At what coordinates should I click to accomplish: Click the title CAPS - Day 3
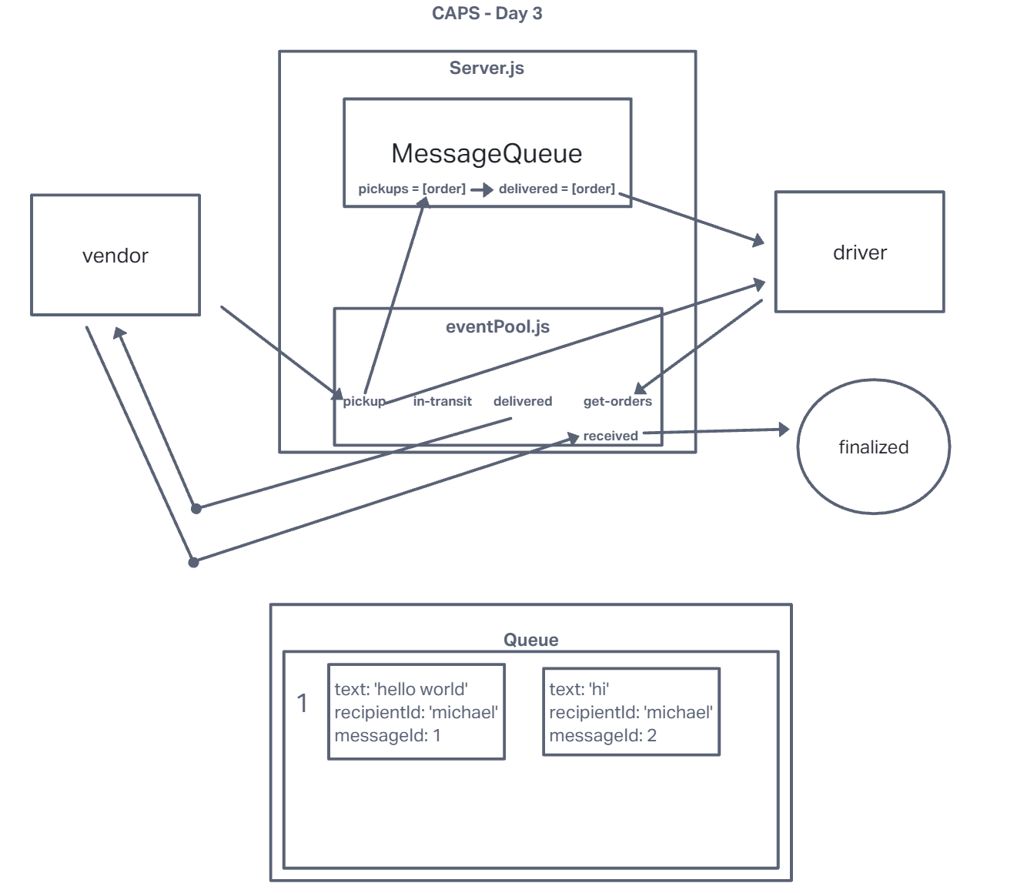pyautogui.click(x=487, y=13)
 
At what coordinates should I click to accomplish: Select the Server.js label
pyautogui.click(x=487, y=68)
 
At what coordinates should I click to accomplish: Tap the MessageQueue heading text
pyautogui.click(x=487, y=153)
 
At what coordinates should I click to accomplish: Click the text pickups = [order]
pyautogui.click(x=412, y=189)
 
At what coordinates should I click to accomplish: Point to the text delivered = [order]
pyautogui.click(x=557, y=189)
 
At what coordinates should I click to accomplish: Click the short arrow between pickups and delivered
pyautogui.click(x=482, y=189)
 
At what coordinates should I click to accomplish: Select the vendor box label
pyautogui.click(x=115, y=256)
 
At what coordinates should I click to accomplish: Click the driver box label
pyautogui.click(x=859, y=253)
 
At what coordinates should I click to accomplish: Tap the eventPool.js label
pyautogui.click(x=497, y=326)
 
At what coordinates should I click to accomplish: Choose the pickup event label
pyautogui.click(x=364, y=401)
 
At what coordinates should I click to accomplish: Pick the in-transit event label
pyautogui.click(x=442, y=401)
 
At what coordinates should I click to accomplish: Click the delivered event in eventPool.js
pyautogui.click(x=523, y=401)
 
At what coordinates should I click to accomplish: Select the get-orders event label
pyautogui.click(x=617, y=401)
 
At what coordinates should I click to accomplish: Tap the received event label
pyautogui.click(x=611, y=436)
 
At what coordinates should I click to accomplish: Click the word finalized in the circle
pyautogui.click(x=873, y=447)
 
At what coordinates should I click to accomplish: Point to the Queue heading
pyautogui.click(x=530, y=640)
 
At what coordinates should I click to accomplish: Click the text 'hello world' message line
pyautogui.click(x=401, y=689)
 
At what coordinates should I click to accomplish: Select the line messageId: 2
pyautogui.click(x=603, y=735)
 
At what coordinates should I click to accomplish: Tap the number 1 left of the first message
pyautogui.click(x=303, y=703)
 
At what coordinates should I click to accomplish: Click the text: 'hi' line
pyautogui.click(x=579, y=689)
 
